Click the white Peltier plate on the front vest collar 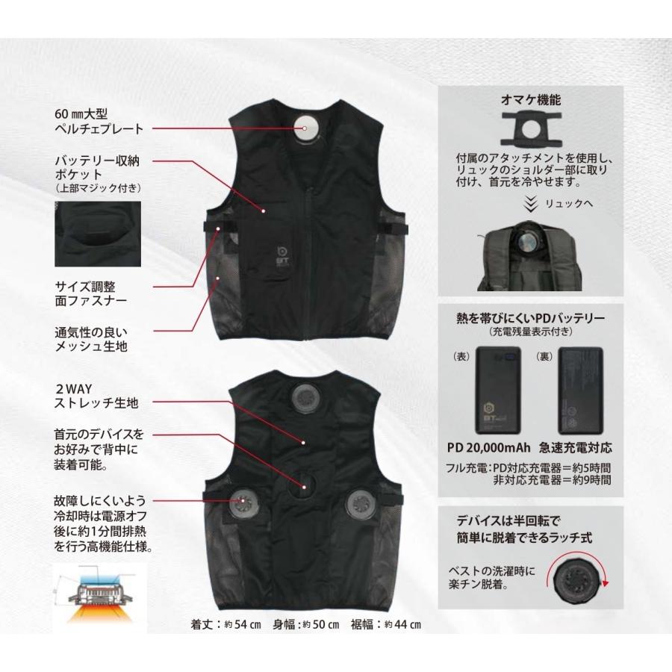pos(308,126)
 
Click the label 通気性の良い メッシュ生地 pos(90,339)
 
